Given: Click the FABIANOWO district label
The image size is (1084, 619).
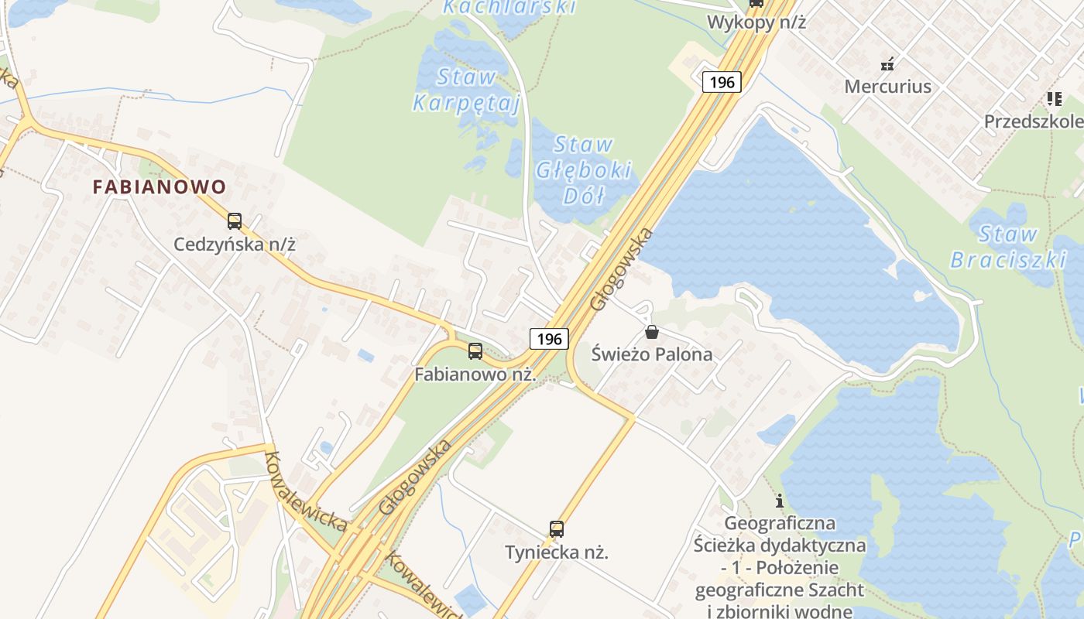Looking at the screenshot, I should (x=160, y=186).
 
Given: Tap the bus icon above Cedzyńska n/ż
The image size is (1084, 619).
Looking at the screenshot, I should (x=235, y=221).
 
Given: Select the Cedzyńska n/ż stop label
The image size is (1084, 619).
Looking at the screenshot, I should (x=235, y=245).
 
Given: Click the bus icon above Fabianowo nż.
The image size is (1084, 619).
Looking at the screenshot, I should (x=475, y=351).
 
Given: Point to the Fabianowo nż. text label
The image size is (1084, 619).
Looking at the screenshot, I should (x=475, y=374).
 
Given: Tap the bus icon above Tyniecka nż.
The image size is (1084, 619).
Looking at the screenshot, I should (x=557, y=529).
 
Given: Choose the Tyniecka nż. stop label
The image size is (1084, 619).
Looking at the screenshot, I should (x=557, y=552).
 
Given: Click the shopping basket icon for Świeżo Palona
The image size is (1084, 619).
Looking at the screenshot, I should (x=652, y=332).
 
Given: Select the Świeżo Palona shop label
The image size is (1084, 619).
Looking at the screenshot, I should (x=652, y=354).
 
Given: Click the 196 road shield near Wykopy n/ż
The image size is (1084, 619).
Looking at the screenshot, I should (x=722, y=81).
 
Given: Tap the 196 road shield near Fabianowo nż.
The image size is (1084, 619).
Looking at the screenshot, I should (x=549, y=338).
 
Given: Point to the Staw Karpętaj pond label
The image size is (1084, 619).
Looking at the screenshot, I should (x=466, y=90).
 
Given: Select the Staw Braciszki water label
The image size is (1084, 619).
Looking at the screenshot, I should (x=1008, y=246).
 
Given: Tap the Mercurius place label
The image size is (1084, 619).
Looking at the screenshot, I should (x=887, y=86).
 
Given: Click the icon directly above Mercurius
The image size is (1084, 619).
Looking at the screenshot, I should (x=888, y=63).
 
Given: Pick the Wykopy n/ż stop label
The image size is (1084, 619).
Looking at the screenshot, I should (x=756, y=22).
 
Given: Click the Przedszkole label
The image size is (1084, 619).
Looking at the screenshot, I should (x=1034, y=121).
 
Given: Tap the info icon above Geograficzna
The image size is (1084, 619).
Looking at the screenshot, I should (x=780, y=500).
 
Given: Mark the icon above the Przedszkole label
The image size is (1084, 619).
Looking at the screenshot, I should (x=1054, y=99).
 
